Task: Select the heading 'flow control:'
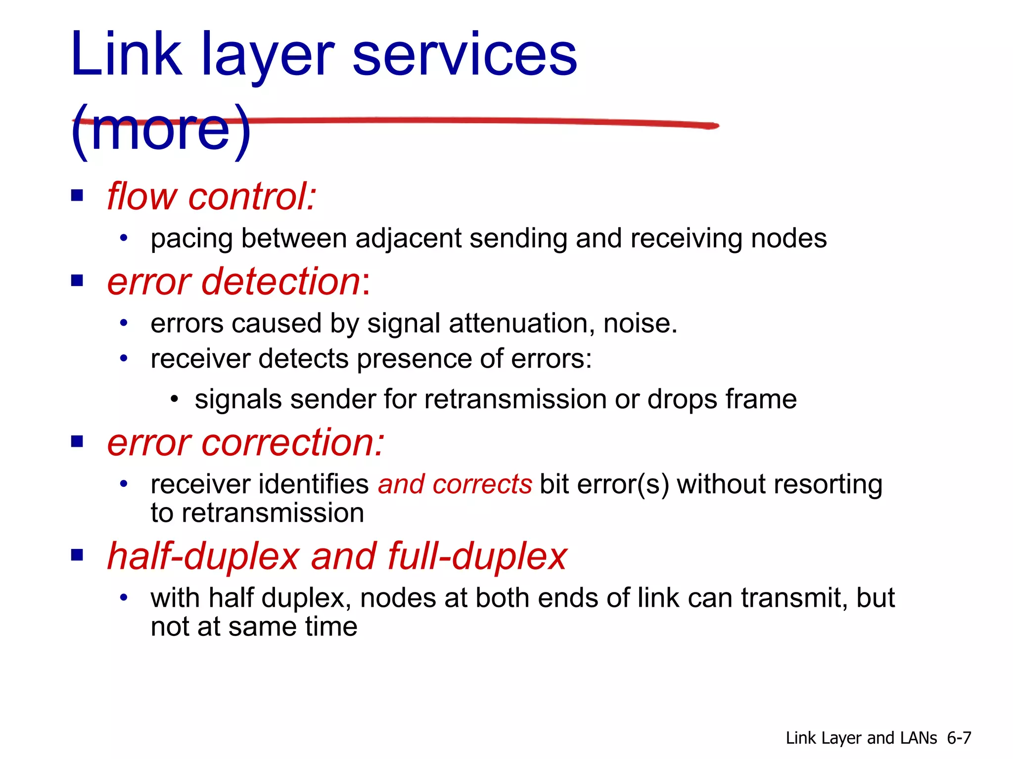[212, 196]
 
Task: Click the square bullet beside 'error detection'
[77, 281]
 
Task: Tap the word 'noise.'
[640, 324]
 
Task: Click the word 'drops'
[682, 399]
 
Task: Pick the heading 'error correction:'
[246, 442]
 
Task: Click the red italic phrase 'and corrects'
[455, 484]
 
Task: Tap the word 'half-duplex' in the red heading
[203, 556]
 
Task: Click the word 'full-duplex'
[477, 556]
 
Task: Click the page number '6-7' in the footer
[959, 738]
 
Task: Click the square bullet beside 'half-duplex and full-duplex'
[77, 555]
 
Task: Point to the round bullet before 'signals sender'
[174, 399]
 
